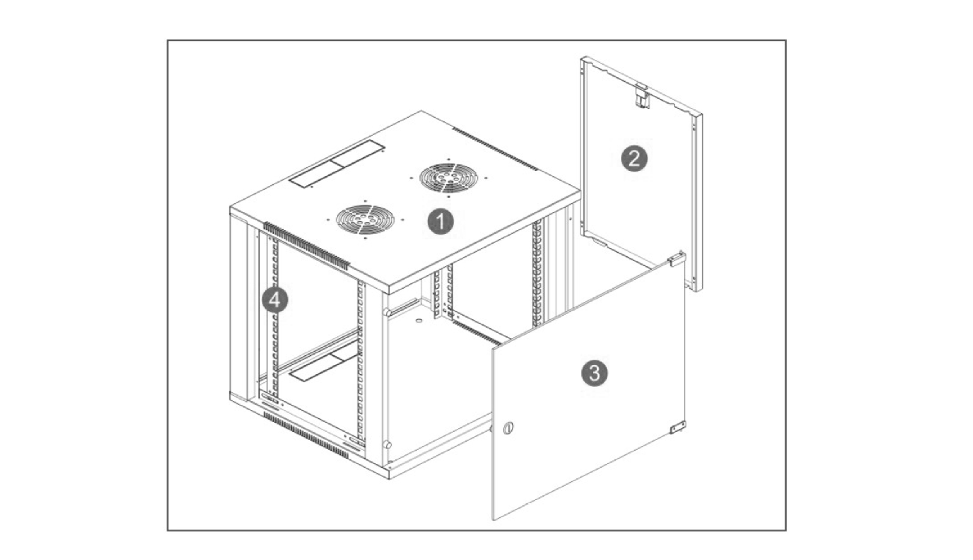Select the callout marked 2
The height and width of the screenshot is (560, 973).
pyautogui.click(x=634, y=159)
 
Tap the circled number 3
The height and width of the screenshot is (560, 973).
pyautogui.click(x=595, y=373)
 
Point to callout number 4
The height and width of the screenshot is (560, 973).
pyautogui.click(x=275, y=300)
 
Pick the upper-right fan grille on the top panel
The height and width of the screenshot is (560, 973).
pyautogui.click(x=449, y=178)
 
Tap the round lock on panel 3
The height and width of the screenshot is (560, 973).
pyautogui.click(x=508, y=428)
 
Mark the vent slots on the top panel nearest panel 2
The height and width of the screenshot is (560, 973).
pyautogui.click(x=495, y=149)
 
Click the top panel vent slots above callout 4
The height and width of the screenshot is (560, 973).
pyautogui.click(x=307, y=246)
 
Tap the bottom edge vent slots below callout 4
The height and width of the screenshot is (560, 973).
pyautogui.click(x=306, y=435)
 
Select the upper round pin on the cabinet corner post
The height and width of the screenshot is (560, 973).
pyautogui.click(x=386, y=311)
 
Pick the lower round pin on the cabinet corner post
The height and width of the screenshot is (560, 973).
pyautogui.click(x=386, y=444)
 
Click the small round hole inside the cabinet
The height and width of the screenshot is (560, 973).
pyautogui.click(x=419, y=321)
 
